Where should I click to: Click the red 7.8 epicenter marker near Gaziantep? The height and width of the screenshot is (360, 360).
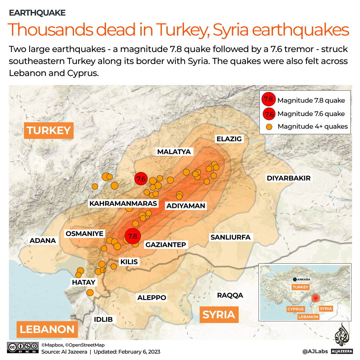(x=133, y=236)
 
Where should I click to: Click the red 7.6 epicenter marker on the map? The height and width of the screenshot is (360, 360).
(x=141, y=179)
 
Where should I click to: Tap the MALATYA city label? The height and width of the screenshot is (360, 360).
(x=174, y=152)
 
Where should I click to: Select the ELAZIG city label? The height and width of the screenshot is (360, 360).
(x=229, y=139)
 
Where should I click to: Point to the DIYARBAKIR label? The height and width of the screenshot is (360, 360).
(x=289, y=178)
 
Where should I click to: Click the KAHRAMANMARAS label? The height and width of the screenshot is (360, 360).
(x=123, y=203)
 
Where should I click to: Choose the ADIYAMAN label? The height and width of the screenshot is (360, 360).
(x=186, y=206)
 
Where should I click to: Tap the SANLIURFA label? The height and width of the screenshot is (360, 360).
(x=230, y=237)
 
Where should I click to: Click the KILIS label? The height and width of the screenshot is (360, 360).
(x=129, y=262)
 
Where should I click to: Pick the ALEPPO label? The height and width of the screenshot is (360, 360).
(x=152, y=298)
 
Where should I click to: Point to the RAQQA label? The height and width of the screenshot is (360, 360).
(x=230, y=295)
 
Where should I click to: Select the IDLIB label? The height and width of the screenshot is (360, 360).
(x=103, y=319)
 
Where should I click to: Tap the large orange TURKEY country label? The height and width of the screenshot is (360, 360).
(x=49, y=130)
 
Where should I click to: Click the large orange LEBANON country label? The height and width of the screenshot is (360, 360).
(x=47, y=329)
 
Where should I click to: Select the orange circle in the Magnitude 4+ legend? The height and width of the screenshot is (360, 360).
(x=270, y=127)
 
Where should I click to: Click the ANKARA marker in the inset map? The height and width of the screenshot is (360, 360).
(x=295, y=279)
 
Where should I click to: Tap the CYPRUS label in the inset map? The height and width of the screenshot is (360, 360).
(x=296, y=309)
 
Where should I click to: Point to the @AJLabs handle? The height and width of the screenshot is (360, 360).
(x=315, y=351)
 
